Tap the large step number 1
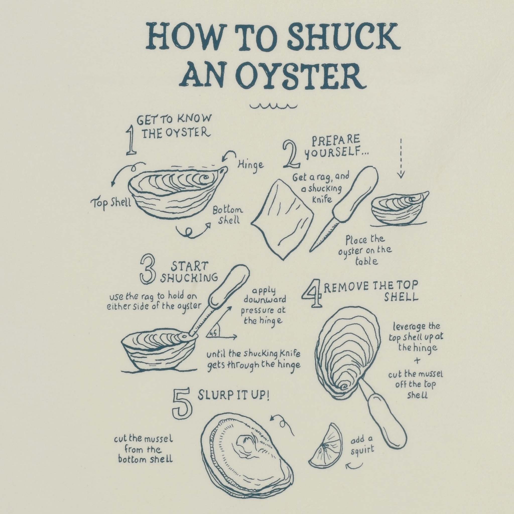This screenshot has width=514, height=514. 131,141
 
